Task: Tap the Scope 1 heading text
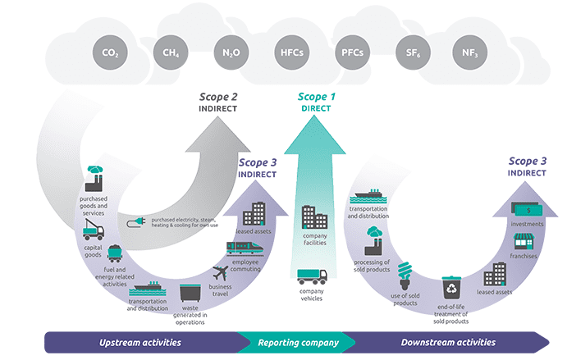tap(316, 97)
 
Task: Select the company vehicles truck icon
tap(311, 277)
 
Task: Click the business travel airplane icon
tap(222, 271)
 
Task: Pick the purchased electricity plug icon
tap(135, 223)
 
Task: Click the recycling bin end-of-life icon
tap(451, 287)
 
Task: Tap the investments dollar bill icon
tap(524, 209)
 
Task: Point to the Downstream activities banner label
tap(448, 342)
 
